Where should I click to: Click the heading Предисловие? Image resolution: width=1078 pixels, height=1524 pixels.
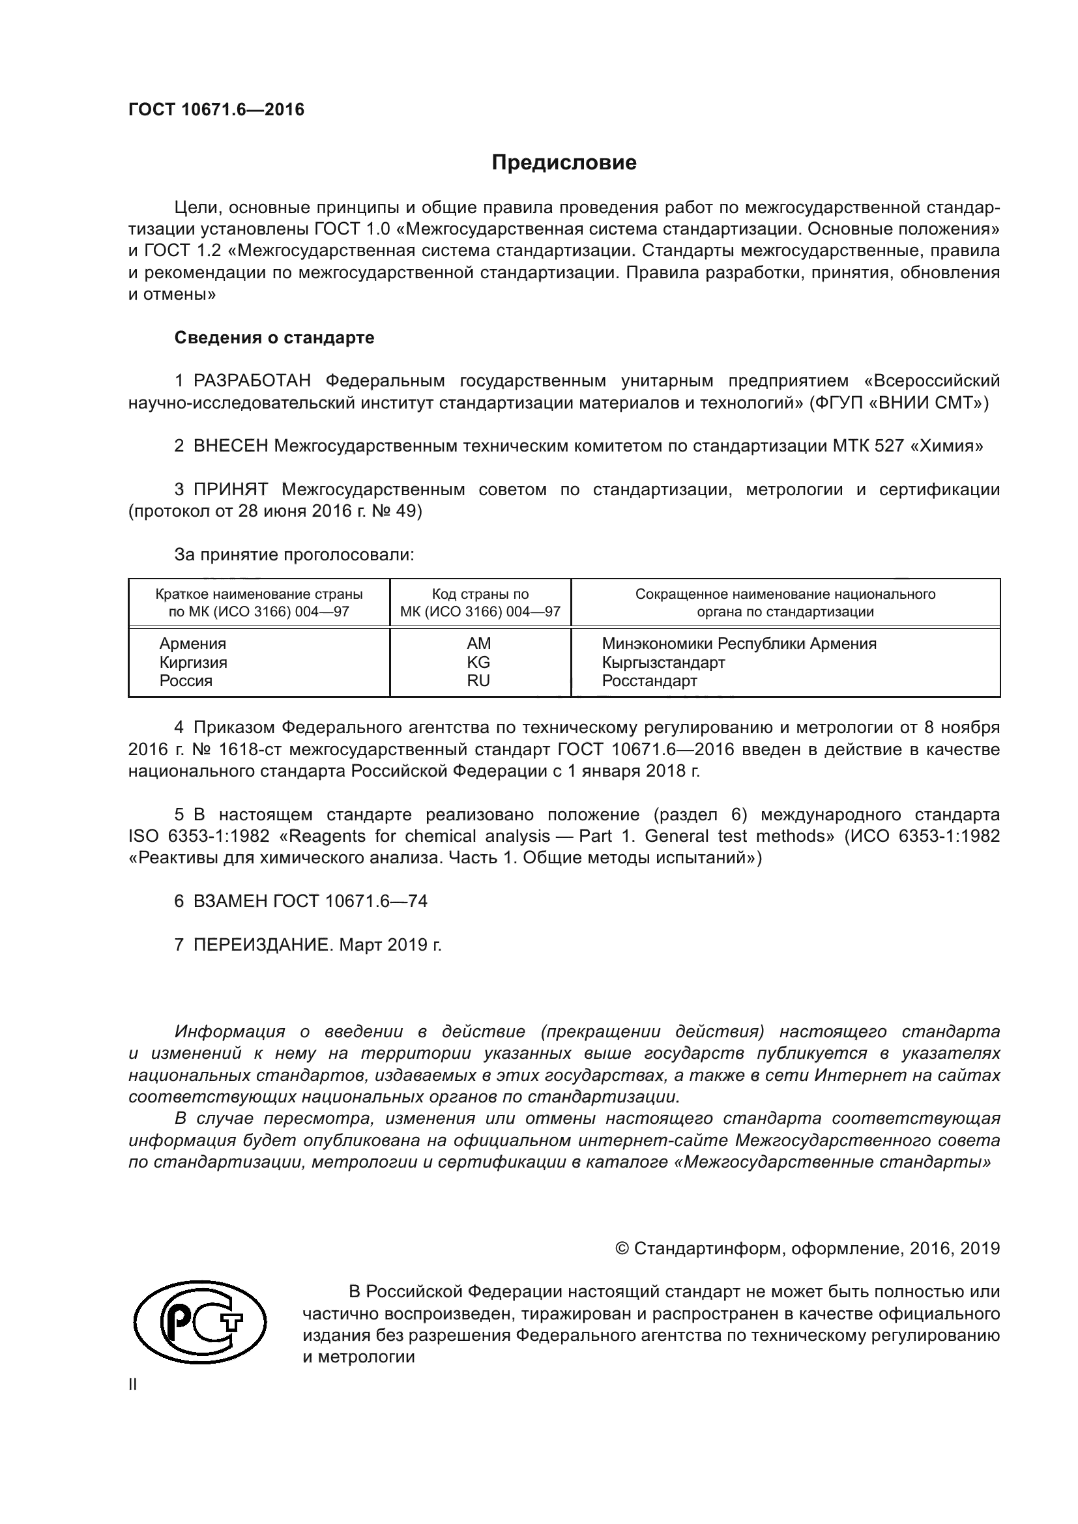pyautogui.click(x=564, y=163)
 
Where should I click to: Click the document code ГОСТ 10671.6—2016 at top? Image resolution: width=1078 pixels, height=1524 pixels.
pyautogui.click(x=216, y=109)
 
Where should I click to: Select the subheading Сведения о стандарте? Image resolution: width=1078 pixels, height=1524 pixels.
pyautogui.click(x=274, y=338)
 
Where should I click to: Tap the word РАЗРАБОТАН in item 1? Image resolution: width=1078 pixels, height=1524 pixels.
pyautogui.click(x=252, y=381)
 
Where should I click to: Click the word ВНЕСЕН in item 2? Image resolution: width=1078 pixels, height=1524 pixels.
pyautogui.click(x=230, y=446)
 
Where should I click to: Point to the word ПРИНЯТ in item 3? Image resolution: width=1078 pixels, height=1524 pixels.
pyautogui.click(x=230, y=490)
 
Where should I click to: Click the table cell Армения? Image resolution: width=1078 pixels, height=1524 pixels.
pyautogui.click(x=192, y=643)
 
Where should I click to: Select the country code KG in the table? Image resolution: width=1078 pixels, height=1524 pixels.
pyautogui.click(x=478, y=662)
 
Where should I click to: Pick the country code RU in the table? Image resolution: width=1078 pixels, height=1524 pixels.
pyautogui.click(x=478, y=680)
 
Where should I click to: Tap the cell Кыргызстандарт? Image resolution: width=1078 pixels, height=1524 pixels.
pyautogui.click(x=663, y=662)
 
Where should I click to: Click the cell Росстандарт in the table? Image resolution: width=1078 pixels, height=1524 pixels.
pyautogui.click(x=649, y=680)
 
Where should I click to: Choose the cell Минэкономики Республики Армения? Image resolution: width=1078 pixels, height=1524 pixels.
pyautogui.click(x=739, y=643)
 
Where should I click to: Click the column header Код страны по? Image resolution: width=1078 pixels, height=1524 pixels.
pyautogui.click(x=480, y=594)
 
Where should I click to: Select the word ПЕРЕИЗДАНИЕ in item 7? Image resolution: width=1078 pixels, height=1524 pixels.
pyautogui.click(x=261, y=945)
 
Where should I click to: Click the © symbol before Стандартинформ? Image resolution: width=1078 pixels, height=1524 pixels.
pyautogui.click(x=622, y=1248)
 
